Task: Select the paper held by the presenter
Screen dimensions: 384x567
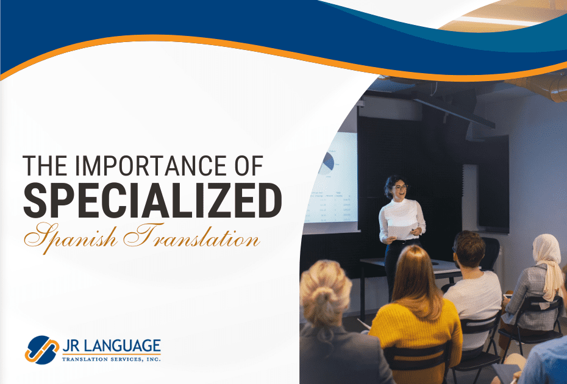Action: [401, 232]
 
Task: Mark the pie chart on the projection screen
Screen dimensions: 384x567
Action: [327, 162]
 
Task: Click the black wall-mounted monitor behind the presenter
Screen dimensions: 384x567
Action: [493, 183]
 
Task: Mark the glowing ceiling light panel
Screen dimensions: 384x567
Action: [488, 21]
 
